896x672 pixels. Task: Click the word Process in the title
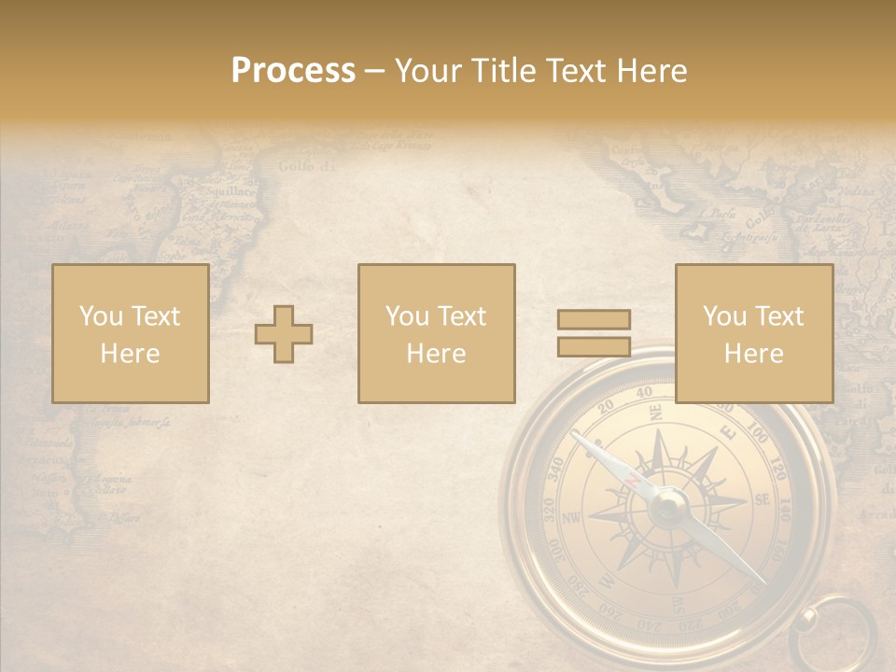click(293, 71)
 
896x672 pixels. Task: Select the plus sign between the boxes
click(284, 333)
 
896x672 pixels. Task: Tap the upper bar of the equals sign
click(594, 319)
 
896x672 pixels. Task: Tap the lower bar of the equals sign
click(594, 346)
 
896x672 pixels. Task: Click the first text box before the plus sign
click(131, 333)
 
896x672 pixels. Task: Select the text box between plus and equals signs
click(437, 333)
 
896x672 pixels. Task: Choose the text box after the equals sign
click(754, 333)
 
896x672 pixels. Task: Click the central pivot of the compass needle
click(669, 507)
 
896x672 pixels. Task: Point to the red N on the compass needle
click(634, 480)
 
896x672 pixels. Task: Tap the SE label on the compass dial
click(762, 499)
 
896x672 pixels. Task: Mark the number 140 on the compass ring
click(784, 509)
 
